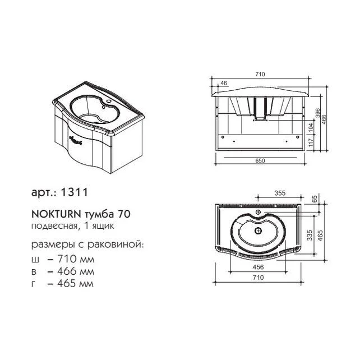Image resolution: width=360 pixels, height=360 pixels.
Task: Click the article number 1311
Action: [73, 192]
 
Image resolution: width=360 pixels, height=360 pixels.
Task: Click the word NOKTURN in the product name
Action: [56, 214]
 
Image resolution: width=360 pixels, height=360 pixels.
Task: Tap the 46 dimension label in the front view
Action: [224, 83]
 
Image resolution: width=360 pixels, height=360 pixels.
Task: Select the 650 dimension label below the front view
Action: [260, 161]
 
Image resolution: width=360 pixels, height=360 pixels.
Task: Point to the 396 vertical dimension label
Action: [317, 113]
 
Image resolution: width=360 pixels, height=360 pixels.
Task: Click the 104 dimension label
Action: [311, 128]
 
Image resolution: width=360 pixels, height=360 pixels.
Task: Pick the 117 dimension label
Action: [311, 143]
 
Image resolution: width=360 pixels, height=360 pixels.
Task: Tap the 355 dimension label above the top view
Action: [280, 193]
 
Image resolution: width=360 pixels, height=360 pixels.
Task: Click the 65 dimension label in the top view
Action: [315, 199]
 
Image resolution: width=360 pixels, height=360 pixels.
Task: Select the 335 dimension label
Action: [310, 235]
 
